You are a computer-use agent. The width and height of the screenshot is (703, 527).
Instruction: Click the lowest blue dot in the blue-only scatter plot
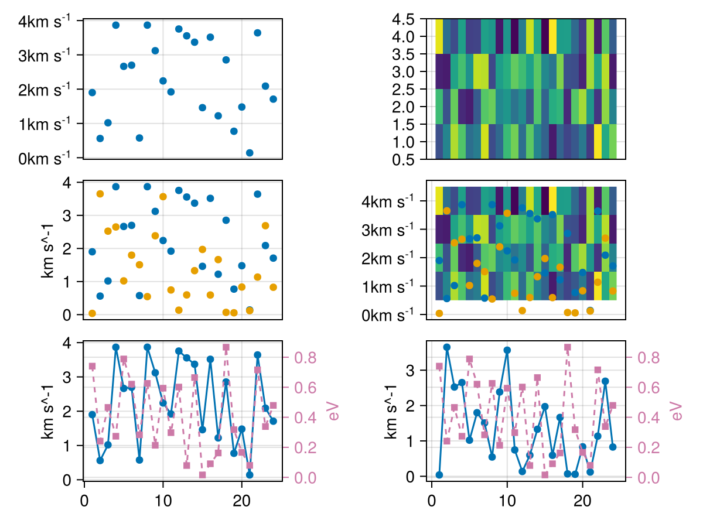tap(250, 153)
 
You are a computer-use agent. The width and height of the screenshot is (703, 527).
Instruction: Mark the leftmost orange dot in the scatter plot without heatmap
tap(92, 313)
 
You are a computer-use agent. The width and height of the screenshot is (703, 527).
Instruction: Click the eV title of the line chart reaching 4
tap(335, 410)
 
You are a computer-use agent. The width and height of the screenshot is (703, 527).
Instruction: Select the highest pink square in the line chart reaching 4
tap(226, 347)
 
